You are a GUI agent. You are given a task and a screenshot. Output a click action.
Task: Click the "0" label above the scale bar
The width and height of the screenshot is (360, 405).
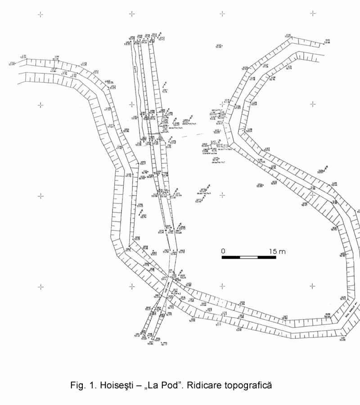click(223, 251)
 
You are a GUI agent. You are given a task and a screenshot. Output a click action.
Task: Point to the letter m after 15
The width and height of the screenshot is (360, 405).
click(282, 252)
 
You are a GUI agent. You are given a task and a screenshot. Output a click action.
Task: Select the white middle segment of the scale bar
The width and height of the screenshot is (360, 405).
click(249, 257)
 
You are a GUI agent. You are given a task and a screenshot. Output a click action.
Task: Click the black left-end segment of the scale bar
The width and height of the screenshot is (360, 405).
click(231, 257)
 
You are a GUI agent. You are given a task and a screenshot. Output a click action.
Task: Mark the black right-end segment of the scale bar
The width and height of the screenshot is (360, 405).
click(266, 257)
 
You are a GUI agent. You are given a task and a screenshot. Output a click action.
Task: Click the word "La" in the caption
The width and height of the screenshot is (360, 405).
click(150, 386)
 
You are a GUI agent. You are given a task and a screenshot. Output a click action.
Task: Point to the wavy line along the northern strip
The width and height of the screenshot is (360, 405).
click(134, 67)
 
